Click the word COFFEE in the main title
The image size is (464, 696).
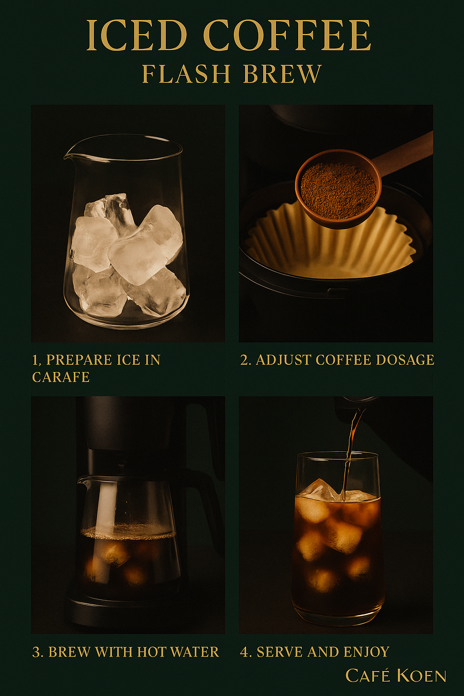(x=288, y=35)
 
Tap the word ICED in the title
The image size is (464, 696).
(x=136, y=35)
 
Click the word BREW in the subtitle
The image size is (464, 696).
(x=282, y=74)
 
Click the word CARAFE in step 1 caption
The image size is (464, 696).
(x=61, y=377)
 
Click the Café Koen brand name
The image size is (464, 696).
(x=396, y=676)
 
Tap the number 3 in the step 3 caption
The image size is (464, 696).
(x=36, y=652)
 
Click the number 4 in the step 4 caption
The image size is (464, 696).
(x=244, y=652)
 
